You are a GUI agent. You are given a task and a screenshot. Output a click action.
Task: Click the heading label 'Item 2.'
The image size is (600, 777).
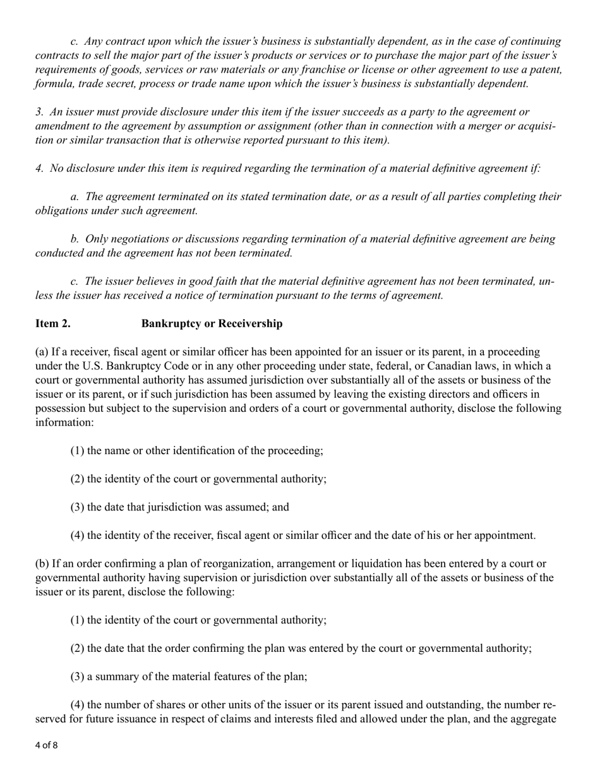pos(52,323)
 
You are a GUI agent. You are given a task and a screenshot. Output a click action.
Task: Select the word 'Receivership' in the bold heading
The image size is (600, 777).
pos(250,323)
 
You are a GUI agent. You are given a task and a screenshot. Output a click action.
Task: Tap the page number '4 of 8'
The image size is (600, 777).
pos(46,745)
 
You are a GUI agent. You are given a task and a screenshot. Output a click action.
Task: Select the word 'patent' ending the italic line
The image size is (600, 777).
pos(544,69)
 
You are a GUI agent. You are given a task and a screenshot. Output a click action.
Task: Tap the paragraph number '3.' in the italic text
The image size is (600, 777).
pos(39,112)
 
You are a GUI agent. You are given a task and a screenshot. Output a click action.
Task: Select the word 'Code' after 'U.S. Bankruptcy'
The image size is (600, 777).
pos(164,366)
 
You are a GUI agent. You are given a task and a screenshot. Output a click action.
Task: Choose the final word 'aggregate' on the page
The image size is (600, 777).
pos(533,719)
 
